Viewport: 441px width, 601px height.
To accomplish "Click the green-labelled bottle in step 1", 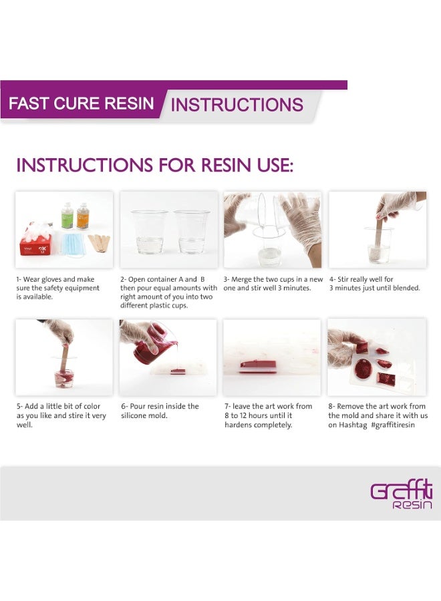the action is click(67, 216).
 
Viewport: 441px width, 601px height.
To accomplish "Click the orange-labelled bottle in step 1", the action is click(82, 216).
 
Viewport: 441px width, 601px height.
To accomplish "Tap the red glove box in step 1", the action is click(35, 243).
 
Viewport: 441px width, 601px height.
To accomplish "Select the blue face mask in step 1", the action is click(70, 244).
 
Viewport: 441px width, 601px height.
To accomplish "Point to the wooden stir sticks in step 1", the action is click(100, 243).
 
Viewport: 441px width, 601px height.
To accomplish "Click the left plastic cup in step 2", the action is click(149, 232).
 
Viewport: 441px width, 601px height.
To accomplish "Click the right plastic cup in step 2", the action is click(192, 232).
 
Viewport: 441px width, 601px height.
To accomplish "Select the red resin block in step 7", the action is click(258, 367).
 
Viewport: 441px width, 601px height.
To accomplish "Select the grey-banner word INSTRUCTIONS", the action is click(237, 105).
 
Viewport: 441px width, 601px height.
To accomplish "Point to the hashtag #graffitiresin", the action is click(393, 425).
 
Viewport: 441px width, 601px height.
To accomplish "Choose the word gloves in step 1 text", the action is click(52, 279).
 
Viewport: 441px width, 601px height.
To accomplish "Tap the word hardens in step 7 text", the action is click(240, 425).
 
